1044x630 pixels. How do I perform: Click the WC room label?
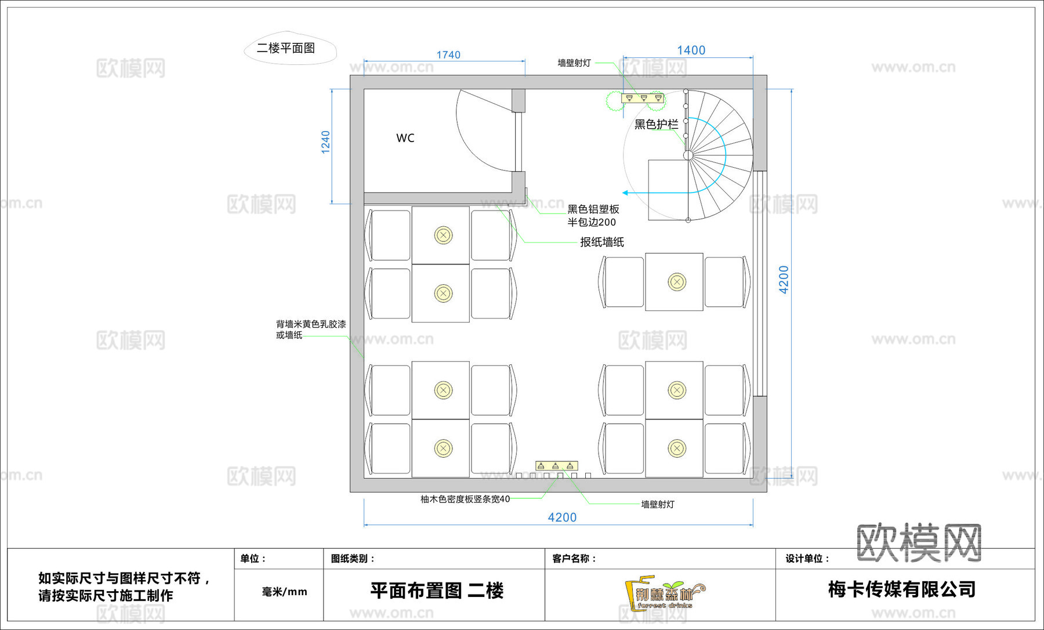[405, 138]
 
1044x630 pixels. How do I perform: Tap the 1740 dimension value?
[448, 55]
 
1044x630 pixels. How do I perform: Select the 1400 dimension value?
[691, 50]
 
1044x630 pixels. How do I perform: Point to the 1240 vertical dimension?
[325, 142]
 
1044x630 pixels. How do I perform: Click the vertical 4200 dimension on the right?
[784, 280]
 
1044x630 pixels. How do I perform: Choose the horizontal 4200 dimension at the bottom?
[562, 517]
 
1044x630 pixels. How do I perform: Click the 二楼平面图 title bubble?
[287, 48]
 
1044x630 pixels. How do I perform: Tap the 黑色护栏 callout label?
[656, 124]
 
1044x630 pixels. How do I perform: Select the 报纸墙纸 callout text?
[602, 242]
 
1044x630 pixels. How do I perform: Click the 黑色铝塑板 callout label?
[593, 209]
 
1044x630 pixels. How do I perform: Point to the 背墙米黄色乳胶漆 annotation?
[311, 324]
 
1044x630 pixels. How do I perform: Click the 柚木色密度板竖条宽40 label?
[465, 499]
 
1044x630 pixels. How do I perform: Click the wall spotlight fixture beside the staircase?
[643, 99]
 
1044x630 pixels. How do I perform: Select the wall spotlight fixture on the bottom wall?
[556, 466]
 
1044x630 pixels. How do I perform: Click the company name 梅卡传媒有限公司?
[901, 589]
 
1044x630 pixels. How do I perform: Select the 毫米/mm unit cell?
[284, 592]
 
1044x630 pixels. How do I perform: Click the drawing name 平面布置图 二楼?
[437, 591]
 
